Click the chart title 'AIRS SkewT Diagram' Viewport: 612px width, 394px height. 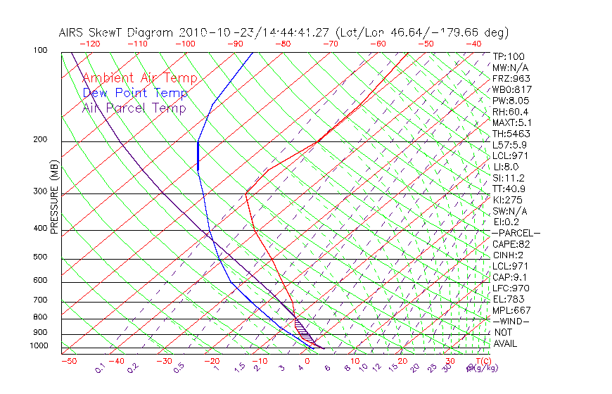pyautogui.click(x=117, y=33)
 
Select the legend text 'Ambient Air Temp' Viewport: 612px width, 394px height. pyautogui.click(x=139, y=78)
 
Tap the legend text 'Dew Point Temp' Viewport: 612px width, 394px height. pyautogui.click(x=134, y=93)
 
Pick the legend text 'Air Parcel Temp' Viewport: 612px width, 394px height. pyautogui.click(x=134, y=108)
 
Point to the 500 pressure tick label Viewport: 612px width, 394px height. pyautogui.click(x=41, y=257)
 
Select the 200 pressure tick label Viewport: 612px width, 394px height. pyautogui.click(x=41, y=139)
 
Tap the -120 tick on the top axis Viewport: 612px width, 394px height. pyautogui.click(x=89, y=44)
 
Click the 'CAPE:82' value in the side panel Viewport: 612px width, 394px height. pyautogui.click(x=511, y=244)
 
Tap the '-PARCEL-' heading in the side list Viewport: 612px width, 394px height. pyautogui.click(x=516, y=233)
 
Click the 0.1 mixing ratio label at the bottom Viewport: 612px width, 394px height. pyautogui.click(x=100, y=369)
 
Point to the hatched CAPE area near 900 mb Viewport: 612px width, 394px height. pyautogui.click(x=302, y=328)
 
